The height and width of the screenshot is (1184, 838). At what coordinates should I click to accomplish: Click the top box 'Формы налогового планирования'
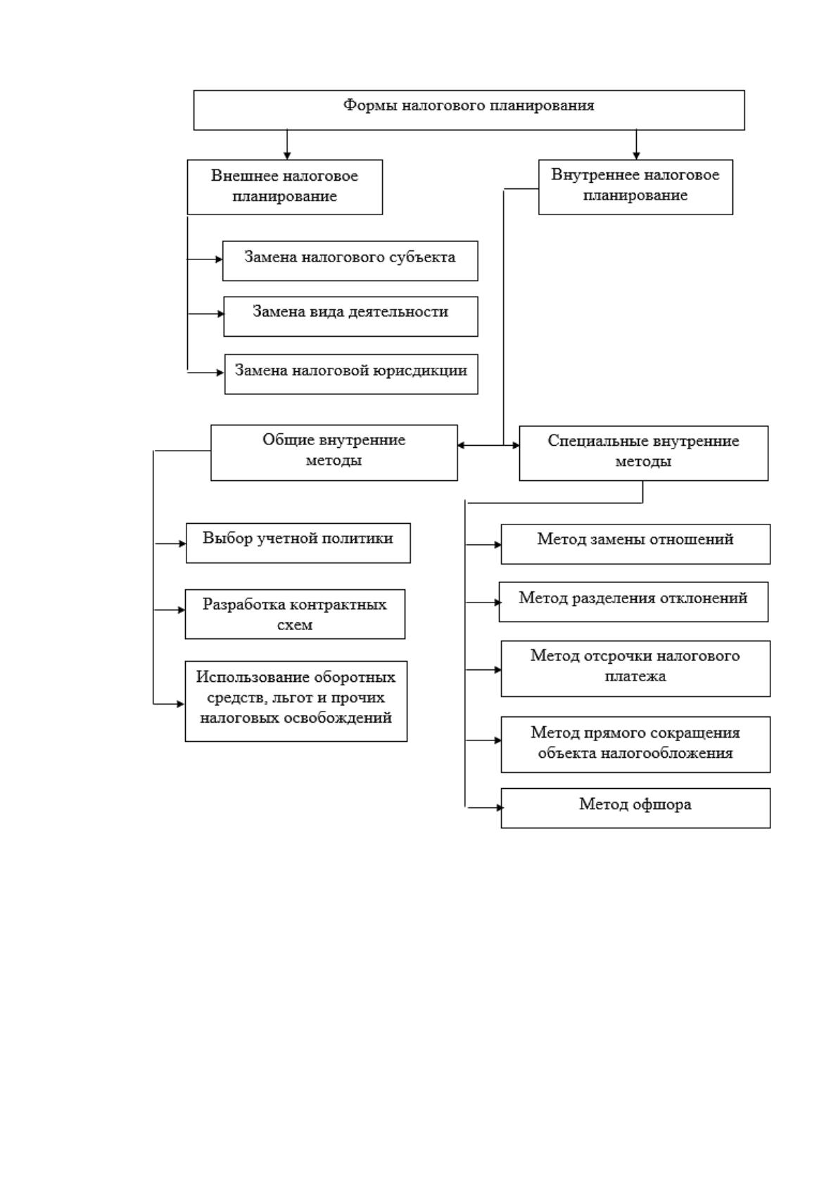pyautogui.click(x=469, y=110)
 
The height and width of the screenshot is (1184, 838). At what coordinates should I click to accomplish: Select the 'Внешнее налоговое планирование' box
pyautogui.click(x=285, y=187)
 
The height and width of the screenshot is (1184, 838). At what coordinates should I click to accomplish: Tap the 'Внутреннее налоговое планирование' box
pyautogui.click(x=635, y=186)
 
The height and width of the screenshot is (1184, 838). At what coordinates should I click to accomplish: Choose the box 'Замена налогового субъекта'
pyautogui.click(x=350, y=261)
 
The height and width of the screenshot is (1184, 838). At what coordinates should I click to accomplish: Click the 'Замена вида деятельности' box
pyautogui.click(x=350, y=316)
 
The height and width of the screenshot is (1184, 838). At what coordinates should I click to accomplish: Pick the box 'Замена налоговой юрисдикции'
pyautogui.click(x=351, y=374)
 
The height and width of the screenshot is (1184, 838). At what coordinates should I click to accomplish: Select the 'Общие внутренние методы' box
pyautogui.click(x=334, y=453)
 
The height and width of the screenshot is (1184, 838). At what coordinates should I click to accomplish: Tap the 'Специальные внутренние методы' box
pyautogui.click(x=643, y=453)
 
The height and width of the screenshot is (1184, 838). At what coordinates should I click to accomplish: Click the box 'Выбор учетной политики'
pyautogui.click(x=298, y=543)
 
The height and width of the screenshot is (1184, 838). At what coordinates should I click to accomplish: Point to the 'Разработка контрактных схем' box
pyautogui.click(x=295, y=614)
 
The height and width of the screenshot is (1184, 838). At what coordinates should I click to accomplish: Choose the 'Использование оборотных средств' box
pyautogui.click(x=296, y=701)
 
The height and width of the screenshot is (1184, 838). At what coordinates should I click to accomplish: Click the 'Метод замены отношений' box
pyautogui.click(x=635, y=544)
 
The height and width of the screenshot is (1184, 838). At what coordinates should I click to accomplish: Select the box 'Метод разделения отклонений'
pyautogui.click(x=633, y=602)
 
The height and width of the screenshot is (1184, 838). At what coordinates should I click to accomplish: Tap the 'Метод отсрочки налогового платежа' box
pyautogui.click(x=635, y=669)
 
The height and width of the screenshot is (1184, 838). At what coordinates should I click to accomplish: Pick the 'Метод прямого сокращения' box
pyautogui.click(x=635, y=745)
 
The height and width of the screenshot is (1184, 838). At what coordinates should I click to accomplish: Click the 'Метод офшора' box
pyautogui.click(x=635, y=808)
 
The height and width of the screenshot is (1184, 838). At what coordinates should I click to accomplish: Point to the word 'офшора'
pyautogui.click(x=662, y=804)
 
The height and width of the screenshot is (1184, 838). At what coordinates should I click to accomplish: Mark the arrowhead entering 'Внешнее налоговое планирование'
pyautogui.click(x=287, y=155)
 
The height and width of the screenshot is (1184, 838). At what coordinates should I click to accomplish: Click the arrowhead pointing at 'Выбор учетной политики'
pyautogui.click(x=182, y=543)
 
